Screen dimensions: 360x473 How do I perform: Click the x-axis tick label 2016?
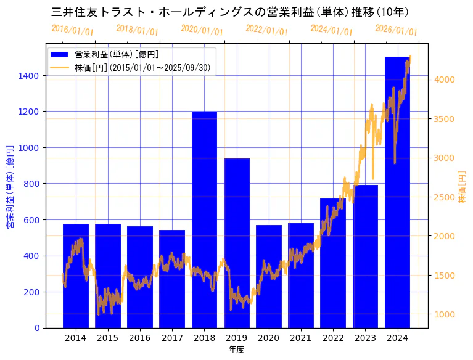[x=140, y=338]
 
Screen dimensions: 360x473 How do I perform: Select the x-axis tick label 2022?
[x=333, y=338]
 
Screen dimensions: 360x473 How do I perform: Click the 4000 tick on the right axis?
[x=445, y=80]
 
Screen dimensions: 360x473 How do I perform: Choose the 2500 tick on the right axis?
[x=445, y=197]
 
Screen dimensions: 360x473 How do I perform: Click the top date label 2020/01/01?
[x=202, y=30]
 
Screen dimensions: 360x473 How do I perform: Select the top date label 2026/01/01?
[x=396, y=30]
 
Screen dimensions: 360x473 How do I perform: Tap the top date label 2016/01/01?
[x=72, y=30]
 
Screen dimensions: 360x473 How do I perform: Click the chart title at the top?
[x=229, y=12]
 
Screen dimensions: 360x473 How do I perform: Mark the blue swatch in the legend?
[x=61, y=54]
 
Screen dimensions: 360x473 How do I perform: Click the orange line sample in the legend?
[x=61, y=67]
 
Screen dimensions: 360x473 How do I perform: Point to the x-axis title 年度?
[x=236, y=350]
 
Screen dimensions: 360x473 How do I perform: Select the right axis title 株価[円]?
[x=463, y=187]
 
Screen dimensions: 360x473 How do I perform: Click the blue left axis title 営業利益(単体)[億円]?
[x=9, y=187]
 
